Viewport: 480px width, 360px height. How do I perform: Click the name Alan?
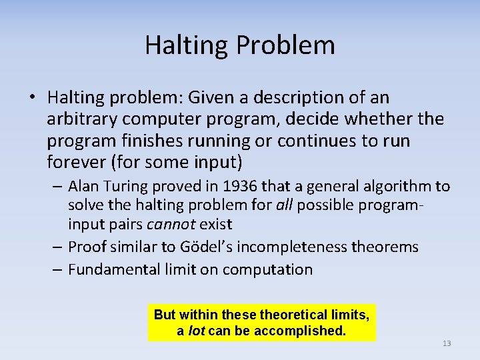(83, 186)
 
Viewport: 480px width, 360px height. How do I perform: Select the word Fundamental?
(109, 269)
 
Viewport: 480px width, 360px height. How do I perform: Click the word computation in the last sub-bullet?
(267, 269)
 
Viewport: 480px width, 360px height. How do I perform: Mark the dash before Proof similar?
(57, 247)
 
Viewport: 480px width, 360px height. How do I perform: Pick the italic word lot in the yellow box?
(197, 330)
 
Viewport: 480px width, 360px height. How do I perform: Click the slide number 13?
(447, 343)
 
